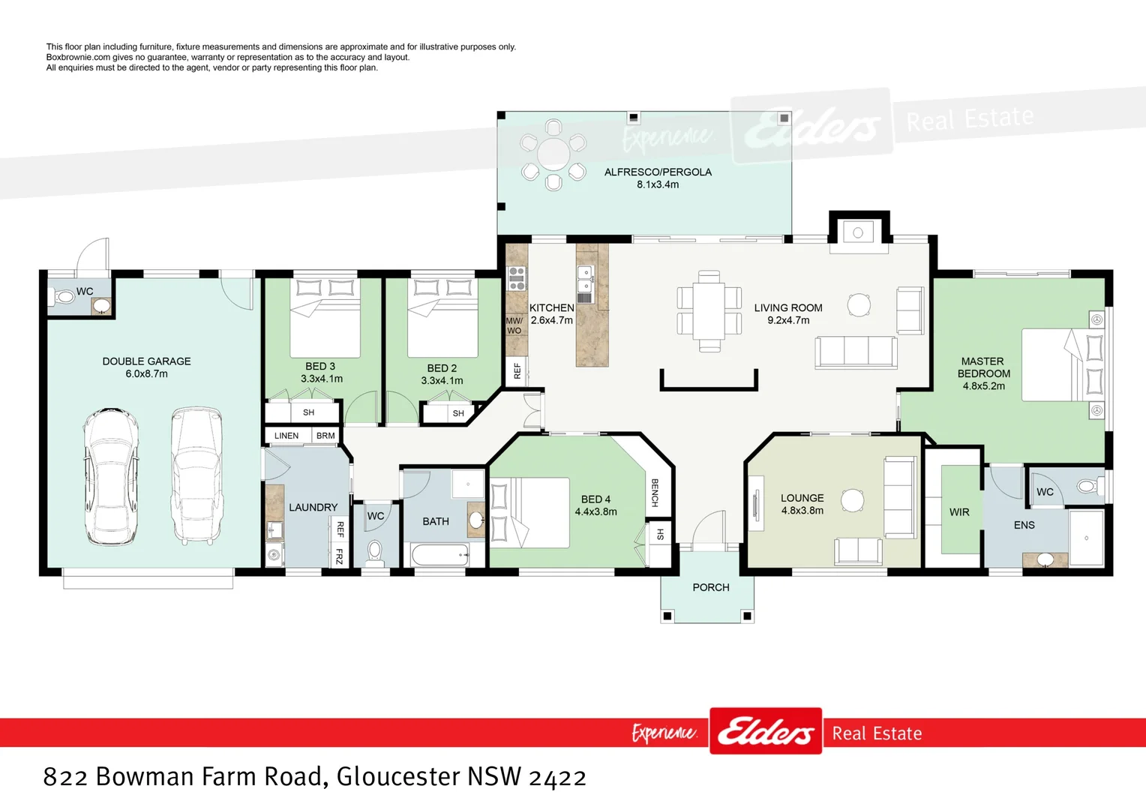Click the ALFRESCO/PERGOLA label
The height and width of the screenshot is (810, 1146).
tap(658, 172)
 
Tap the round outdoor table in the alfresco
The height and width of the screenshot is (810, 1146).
tap(553, 154)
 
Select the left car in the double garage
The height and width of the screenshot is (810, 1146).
tap(110, 475)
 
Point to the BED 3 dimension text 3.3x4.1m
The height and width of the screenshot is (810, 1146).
tap(322, 379)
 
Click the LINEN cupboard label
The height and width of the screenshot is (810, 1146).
tap(286, 436)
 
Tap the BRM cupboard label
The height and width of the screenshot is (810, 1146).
tap(325, 436)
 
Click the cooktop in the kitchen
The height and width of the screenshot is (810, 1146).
tap(517, 278)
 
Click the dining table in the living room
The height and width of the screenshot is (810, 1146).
tap(709, 310)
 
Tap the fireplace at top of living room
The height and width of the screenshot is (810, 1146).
tap(858, 232)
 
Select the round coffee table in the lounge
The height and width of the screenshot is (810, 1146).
tap(853, 500)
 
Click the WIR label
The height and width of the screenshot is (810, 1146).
tap(959, 512)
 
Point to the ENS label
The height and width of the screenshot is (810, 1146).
tap(1024, 525)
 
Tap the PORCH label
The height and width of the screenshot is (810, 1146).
tap(711, 587)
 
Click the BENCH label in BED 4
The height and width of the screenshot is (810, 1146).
tap(655, 493)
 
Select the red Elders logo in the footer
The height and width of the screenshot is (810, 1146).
tap(765, 731)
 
